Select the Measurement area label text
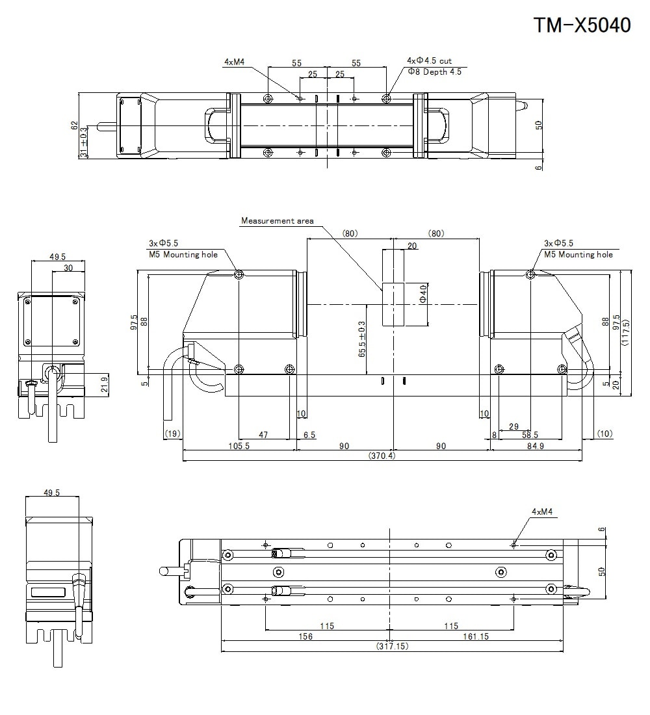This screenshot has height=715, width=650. (277, 221)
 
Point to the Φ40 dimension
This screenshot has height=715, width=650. (423, 294)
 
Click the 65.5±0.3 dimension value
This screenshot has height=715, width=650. (361, 338)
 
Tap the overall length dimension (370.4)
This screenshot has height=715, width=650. (382, 456)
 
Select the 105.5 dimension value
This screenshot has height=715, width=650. (239, 446)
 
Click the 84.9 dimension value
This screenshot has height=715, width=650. (536, 446)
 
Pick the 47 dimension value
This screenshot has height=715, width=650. (263, 434)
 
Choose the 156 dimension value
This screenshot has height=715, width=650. (305, 636)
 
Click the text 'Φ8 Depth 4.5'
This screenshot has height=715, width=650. (434, 72)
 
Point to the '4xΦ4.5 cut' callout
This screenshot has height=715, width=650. (429, 61)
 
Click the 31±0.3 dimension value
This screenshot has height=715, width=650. (83, 142)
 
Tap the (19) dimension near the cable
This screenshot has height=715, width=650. (172, 434)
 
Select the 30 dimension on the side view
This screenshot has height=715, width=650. (68, 267)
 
